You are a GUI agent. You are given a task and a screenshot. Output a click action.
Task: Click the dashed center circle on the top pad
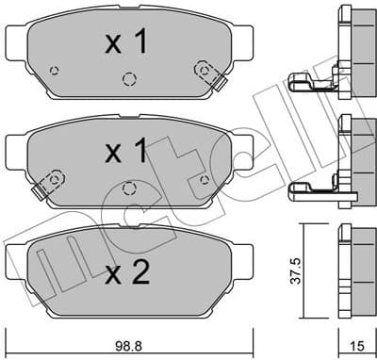[129, 79]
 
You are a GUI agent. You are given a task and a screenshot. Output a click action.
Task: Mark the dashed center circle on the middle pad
[129, 189]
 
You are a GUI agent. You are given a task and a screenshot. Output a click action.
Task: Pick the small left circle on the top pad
[55, 71]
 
